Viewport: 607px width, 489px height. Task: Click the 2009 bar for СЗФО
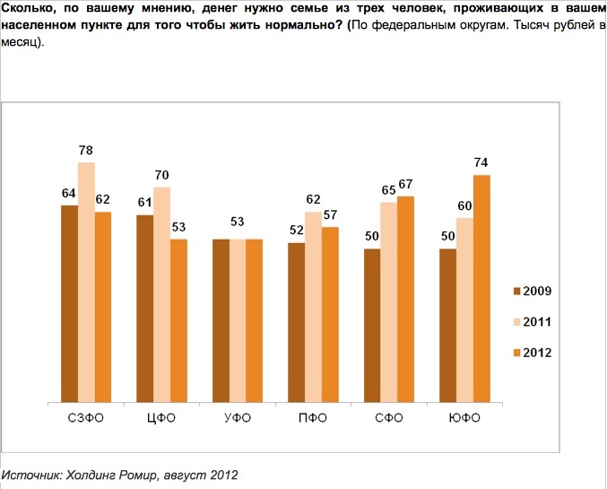(69, 303)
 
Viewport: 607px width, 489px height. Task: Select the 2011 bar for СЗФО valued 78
(86, 281)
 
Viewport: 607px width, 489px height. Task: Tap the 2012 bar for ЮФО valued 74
(481, 288)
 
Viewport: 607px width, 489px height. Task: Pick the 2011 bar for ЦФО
(161, 293)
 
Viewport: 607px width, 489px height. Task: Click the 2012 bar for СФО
(406, 298)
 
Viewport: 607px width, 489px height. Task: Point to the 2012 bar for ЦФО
(178, 319)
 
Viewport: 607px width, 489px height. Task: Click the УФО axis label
(238, 418)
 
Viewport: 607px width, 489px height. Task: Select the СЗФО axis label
(86, 418)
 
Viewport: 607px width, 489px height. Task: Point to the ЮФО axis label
(464, 418)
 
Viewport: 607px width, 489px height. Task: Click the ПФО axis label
(313, 418)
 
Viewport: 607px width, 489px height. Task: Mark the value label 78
(86, 150)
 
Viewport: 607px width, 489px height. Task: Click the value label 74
(481, 162)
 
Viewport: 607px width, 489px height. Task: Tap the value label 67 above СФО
(406, 184)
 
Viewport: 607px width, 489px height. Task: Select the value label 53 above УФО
(238, 222)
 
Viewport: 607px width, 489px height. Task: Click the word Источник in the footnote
(30, 475)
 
